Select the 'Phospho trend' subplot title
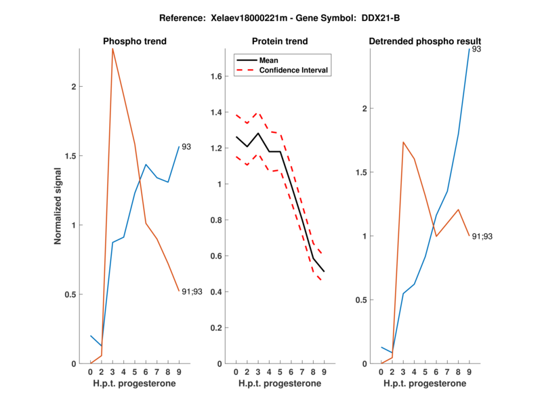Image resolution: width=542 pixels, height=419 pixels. pyautogui.click(x=135, y=41)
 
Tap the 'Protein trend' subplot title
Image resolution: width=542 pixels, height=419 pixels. pyautogui.click(x=280, y=41)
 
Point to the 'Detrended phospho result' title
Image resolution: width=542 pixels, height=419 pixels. pyautogui.click(x=425, y=41)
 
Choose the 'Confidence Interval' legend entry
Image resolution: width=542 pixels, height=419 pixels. pyautogui.click(x=294, y=69)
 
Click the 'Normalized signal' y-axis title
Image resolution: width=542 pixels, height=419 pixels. pyautogui.click(x=58, y=205)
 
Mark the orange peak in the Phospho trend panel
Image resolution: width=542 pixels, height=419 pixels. pyautogui.click(x=112, y=49)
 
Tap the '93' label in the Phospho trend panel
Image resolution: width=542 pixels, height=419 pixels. pyautogui.click(x=187, y=146)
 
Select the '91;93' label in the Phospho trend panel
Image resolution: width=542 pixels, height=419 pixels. pyautogui.click(x=192, y=292)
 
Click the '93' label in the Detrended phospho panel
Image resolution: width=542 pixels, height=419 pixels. pyautogui.click(x=476, y=49)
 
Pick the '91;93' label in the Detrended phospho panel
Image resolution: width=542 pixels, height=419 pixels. pyautogui.click(x=482, y=236)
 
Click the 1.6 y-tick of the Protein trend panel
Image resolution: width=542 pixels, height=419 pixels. pyautogui.click(x=217, y=77)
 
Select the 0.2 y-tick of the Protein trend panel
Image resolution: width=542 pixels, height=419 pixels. pyautogui.click(x=217, y=327)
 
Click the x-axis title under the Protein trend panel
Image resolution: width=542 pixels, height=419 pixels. pyautogui.click(x=280, y=384)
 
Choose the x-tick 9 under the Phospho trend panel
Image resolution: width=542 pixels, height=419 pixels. pyautogui.click(x=179, y=372)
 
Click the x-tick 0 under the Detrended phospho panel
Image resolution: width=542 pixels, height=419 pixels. pyautogui.click(x=381, y=372)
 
